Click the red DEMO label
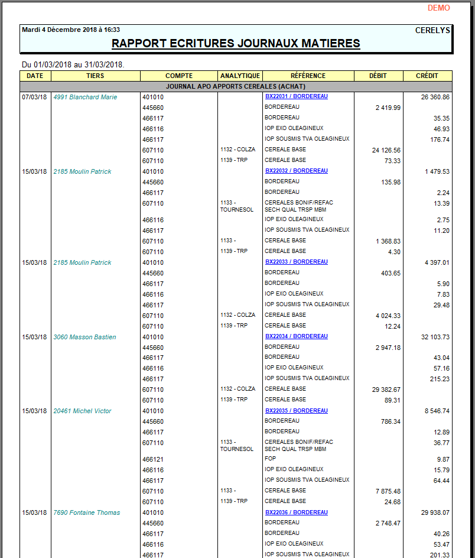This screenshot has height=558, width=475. tap(438, 8)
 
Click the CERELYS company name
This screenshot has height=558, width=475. tap(432, 30)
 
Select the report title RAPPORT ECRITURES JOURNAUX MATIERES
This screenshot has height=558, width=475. tap(236, 44)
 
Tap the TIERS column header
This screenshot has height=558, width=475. tap(95, 76)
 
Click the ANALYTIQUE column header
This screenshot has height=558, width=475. tap(240, 76)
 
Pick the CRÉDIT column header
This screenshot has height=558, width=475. tap(427, 76)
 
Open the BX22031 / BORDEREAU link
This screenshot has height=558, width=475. tap(296, 96)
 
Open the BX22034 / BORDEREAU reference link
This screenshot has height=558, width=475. tap(296, 336)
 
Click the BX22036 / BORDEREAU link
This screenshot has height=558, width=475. tap(296, 512)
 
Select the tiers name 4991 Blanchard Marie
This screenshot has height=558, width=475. tap(85, 97)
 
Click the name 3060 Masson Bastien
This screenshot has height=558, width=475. tap(84, 337)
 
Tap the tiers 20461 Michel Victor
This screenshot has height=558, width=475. tap(82, 411)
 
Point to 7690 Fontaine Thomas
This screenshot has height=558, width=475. tap(86, 512)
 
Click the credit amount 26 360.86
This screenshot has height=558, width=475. tap(435, 97)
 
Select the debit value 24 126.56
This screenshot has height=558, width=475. tap(386, 150)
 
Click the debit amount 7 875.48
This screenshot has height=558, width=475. tap(388, 491)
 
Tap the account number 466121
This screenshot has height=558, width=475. tap(153, 459)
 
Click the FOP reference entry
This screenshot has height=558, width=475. tap(271, 459)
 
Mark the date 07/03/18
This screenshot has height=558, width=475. tap(34, 97)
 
